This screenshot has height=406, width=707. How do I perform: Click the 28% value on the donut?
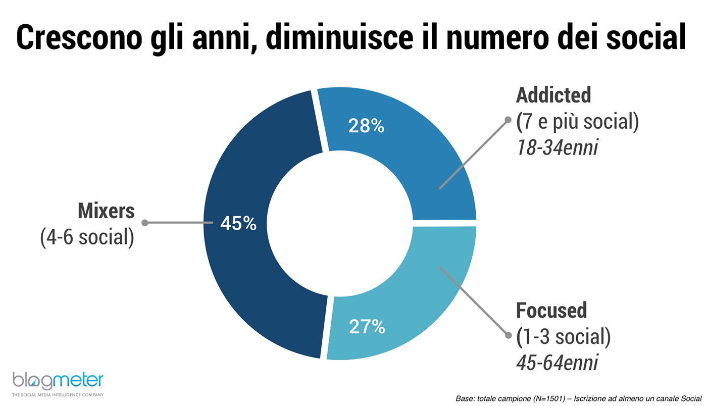(366, 126)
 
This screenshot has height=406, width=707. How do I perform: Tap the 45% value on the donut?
(238, 223)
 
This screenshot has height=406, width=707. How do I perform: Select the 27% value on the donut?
(367, 327)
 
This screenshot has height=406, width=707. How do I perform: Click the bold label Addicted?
(553, 95)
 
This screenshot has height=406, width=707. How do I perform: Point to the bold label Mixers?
(107, 211)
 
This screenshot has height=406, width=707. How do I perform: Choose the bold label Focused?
(551, 311)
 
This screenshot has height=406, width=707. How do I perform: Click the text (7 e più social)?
(577, 122)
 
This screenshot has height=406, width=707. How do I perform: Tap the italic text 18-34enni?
(557, 148)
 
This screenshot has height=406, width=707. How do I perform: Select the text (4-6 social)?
(87, 237)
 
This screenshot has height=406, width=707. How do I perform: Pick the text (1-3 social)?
(563, 337)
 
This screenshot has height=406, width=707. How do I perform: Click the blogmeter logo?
(58, 380)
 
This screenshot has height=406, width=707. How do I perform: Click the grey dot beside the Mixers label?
(144, 223)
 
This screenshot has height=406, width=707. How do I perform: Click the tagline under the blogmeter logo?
(58, 394)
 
